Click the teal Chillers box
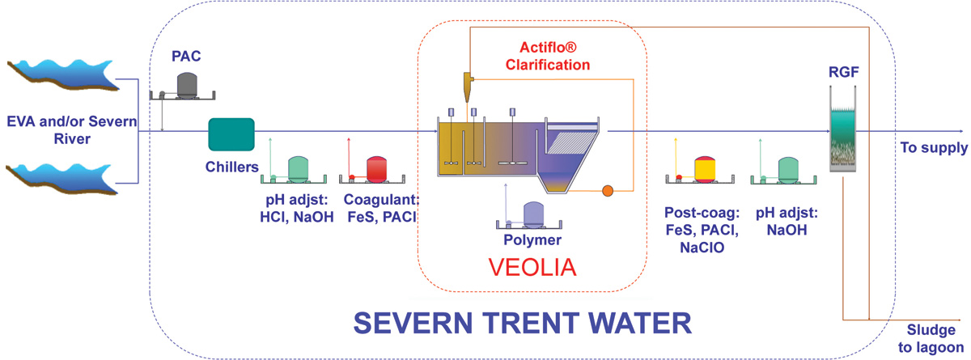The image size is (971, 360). tap(232, 133)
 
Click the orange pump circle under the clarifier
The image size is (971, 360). tap(607, 191)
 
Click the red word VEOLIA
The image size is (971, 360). tap(532, 267)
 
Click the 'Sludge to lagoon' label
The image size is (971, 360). tap(930, 341)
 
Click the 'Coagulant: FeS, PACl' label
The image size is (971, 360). tap(380, 209)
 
